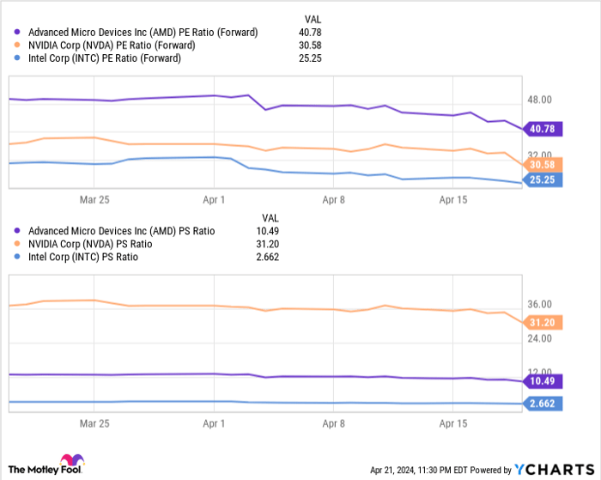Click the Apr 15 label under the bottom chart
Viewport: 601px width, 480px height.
(x=453, y=423)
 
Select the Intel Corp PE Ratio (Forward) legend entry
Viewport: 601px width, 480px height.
(x=104, y=58)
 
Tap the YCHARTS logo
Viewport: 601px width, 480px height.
(x=554, y=469)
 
